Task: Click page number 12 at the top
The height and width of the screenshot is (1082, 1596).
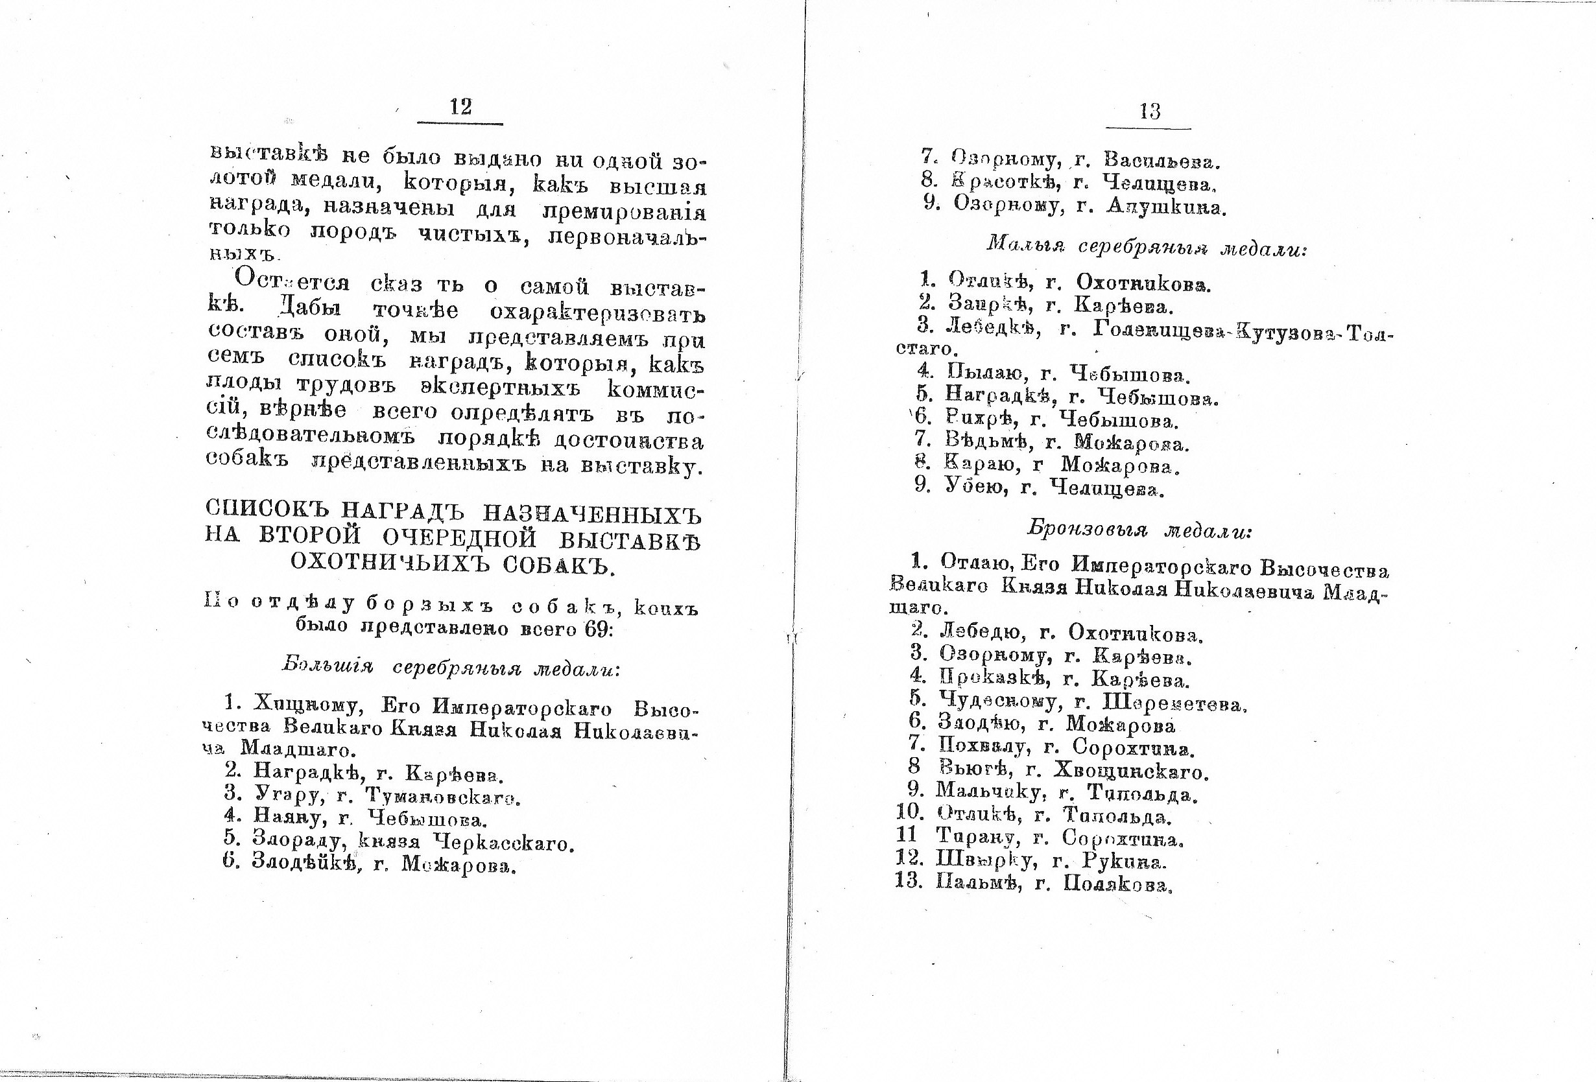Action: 460,107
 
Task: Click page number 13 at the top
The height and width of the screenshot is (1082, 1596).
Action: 1150,112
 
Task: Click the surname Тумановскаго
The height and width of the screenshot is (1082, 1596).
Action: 443,796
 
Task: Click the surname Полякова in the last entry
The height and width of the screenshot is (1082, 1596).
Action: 1117,884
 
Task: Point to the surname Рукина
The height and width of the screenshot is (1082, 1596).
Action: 1123,861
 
